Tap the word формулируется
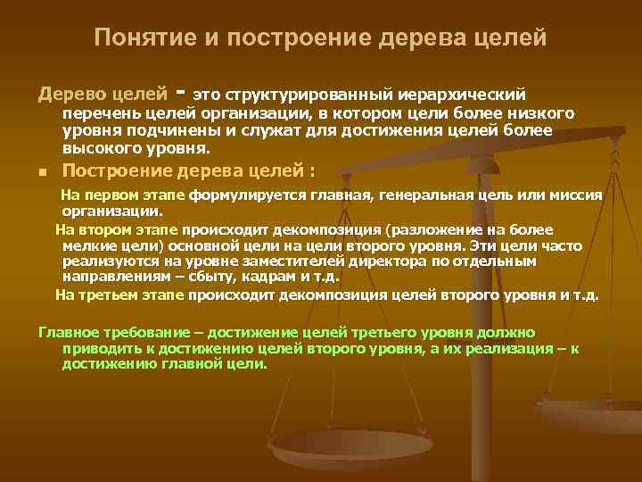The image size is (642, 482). click(241, 195)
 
